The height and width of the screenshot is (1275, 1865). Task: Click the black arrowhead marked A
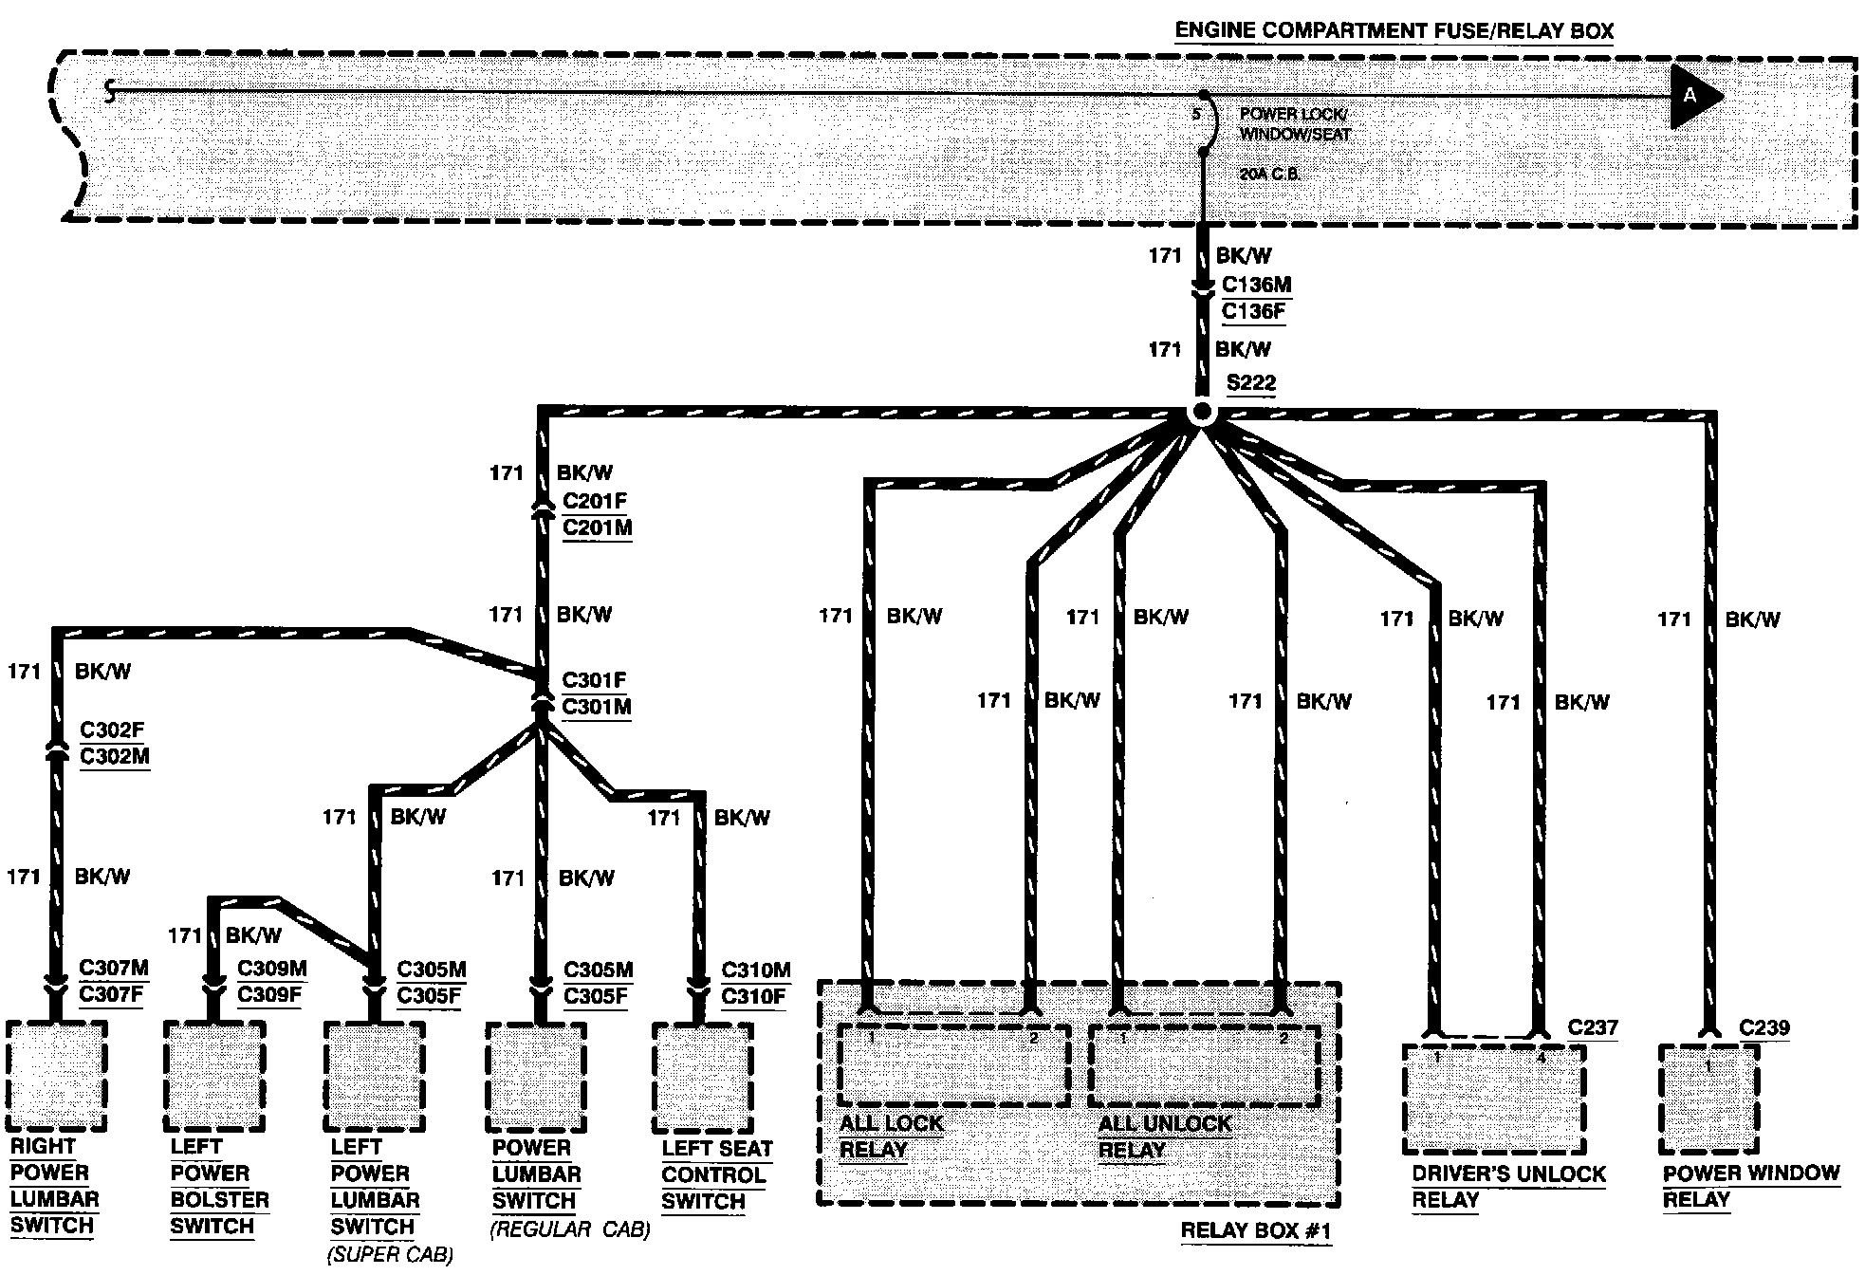click(1694, 97)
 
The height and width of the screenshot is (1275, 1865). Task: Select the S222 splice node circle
click(1201, 413)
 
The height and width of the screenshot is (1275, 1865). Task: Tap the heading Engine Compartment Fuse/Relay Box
click(1394, 30)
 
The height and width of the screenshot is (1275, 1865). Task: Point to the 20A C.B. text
click(1269, 176)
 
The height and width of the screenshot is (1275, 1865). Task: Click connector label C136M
click(1256, 284)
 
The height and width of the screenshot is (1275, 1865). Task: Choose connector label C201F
click(595, 500)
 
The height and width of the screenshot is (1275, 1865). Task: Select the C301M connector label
click(597, 707)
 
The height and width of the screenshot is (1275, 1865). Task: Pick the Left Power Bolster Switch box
click(213, 1076)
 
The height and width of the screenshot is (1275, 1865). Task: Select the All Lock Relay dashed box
click(953, 1064)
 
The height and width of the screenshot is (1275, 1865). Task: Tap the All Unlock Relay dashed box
click(1204, 1064)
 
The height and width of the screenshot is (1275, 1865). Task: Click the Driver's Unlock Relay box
click(1493, 1099)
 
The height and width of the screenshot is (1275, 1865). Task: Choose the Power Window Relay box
click(1708, 1099)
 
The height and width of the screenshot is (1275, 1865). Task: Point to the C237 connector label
click(1593, 1026)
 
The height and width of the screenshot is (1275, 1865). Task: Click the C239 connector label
click(1764, 1026)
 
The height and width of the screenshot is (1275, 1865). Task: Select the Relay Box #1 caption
click(1256, 1230)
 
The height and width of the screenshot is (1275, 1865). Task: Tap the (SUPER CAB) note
click(390, 1255)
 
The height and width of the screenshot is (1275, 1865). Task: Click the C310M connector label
click(755, 970)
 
